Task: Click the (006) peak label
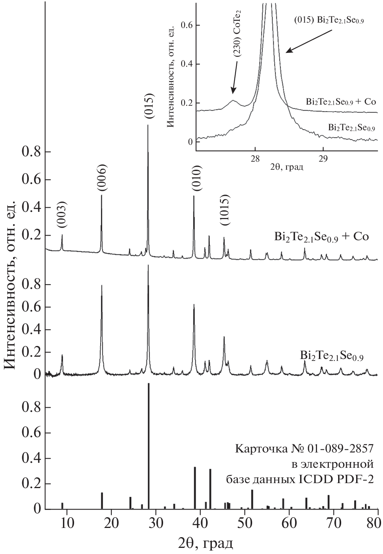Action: click(x=102, y=177)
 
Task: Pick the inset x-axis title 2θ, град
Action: click(x=286, y=167)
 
